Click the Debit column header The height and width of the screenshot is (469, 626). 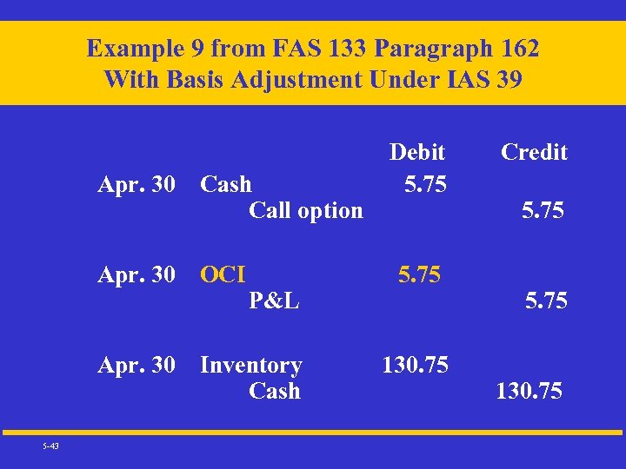417,152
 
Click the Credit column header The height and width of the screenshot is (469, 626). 534,152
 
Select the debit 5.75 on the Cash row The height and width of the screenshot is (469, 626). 426,184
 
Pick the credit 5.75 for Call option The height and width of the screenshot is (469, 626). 543,210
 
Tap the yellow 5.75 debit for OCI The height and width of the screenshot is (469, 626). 419,274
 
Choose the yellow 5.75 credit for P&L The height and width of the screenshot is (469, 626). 546,301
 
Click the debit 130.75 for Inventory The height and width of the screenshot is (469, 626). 416,365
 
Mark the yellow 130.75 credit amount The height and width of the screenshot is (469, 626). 529,392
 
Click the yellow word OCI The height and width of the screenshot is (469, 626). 223,274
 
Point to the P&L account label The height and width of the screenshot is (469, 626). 274,301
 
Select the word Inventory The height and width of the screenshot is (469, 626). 251,366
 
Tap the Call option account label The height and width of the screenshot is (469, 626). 305,210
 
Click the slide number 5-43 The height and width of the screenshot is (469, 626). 50,446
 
